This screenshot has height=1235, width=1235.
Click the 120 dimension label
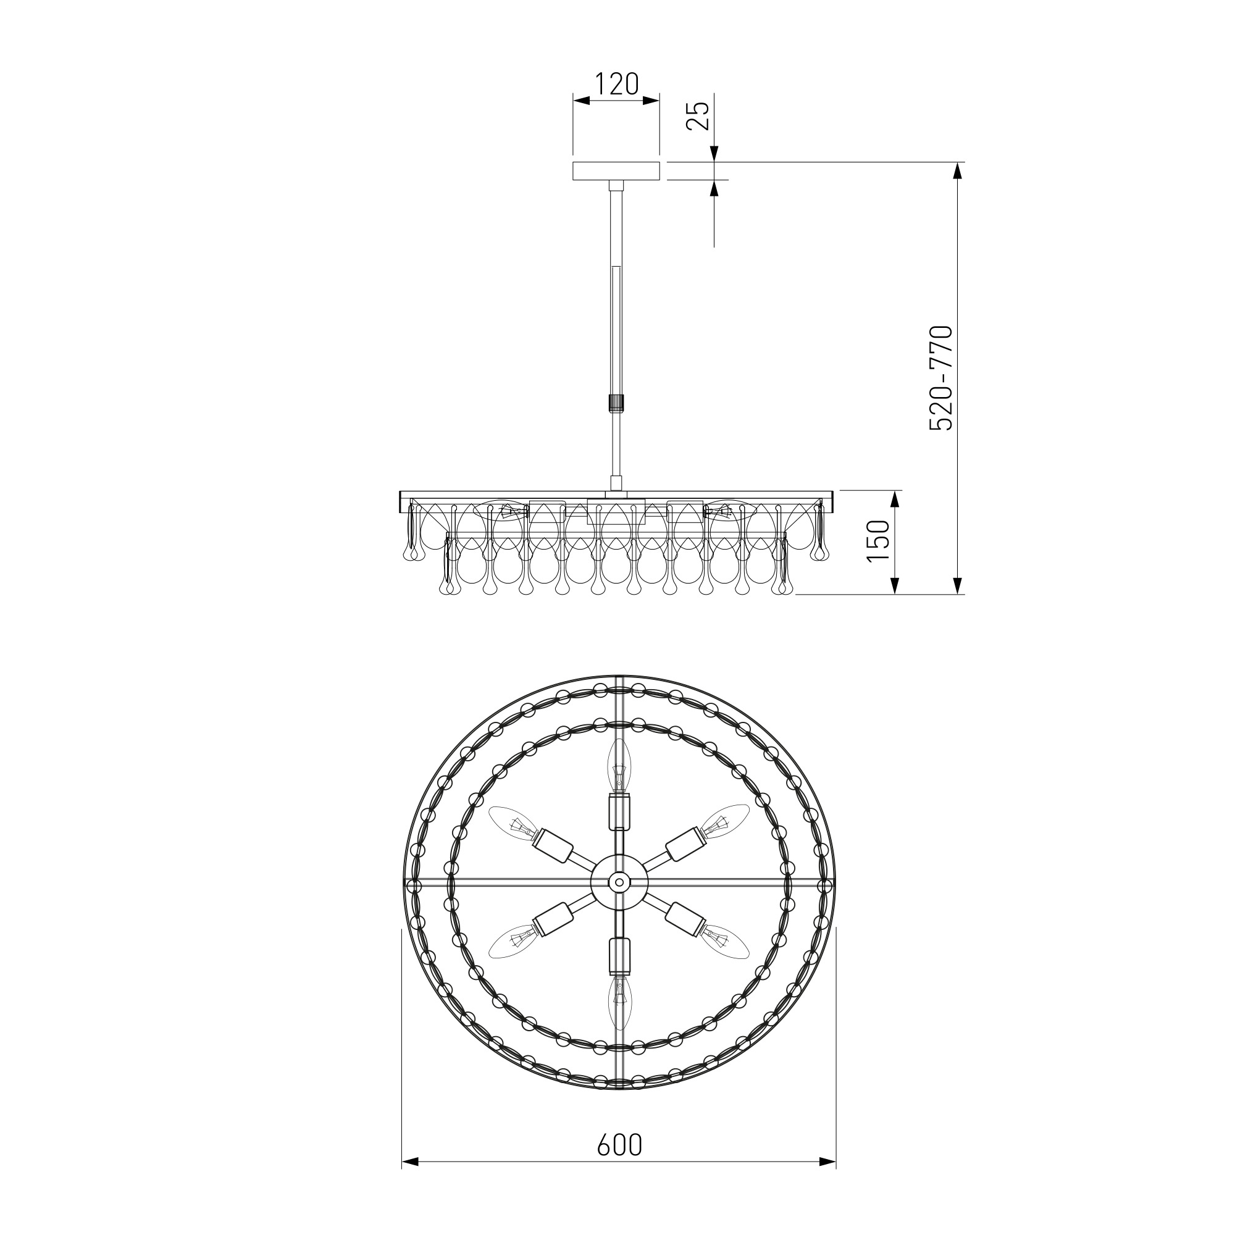tap(617, 84)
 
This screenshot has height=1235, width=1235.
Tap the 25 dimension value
tap(698, 115)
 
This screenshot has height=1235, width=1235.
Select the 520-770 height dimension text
tap(941, 378)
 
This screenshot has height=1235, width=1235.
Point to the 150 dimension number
tap(878, 541)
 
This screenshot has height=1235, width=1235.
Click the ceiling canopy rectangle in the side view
tap(616, 171)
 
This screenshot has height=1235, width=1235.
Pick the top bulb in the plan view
tap(618, 764)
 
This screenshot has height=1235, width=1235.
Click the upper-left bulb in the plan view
tap(516, 825)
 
